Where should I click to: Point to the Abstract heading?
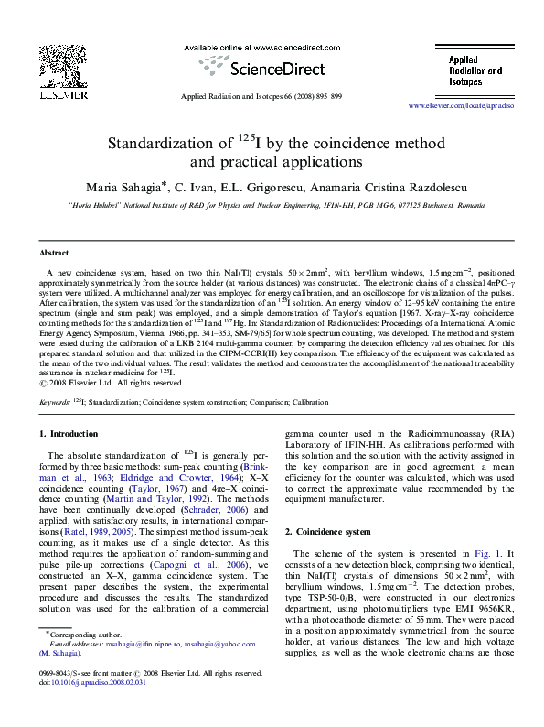tap(54, 252)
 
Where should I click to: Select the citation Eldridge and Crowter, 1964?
tap(179, 477)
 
